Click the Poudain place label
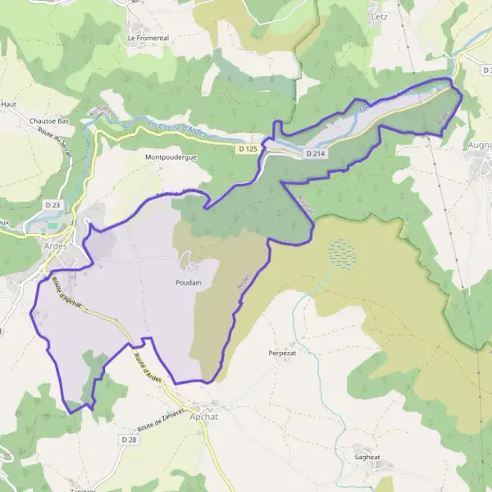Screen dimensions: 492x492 click(188, 281)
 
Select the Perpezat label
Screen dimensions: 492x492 click(281, 353)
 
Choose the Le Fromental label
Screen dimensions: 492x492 click(148, 38)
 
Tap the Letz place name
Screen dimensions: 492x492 click(378, 16)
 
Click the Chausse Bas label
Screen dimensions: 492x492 click(48, 121)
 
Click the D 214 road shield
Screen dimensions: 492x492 click(316, 153)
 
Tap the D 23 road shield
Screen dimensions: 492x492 click(53, 204)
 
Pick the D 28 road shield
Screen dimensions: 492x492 click(130, 440)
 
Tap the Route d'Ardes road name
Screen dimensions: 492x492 click(148, 366)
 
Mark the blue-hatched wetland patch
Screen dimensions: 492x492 click(344, 253)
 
